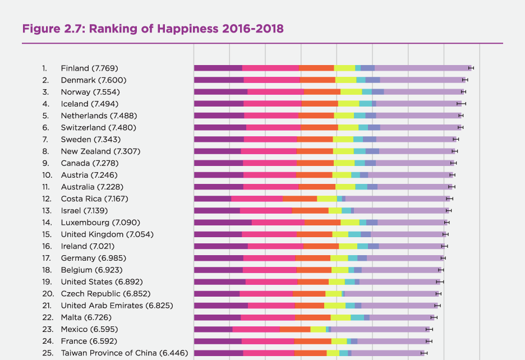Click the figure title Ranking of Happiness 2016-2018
pos(153,28)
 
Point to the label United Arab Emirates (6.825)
pos(117,306)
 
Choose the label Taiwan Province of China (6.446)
pos(125,353)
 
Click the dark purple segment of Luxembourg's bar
pos(223,223)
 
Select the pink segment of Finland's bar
pos(270,68)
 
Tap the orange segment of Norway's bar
pos(322,91)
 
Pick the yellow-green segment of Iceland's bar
pos(348,104)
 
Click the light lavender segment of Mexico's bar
pos(379,329)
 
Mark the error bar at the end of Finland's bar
pos(471,68)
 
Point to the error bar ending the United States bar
pos(440,281)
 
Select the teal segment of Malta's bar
pos(357,317)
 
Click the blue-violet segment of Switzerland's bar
pos(374,127)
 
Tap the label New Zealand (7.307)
pos(100,151)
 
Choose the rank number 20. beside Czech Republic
pos(48,294)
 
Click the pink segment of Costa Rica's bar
pos(256,199)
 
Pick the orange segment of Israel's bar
pos(310,210)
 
